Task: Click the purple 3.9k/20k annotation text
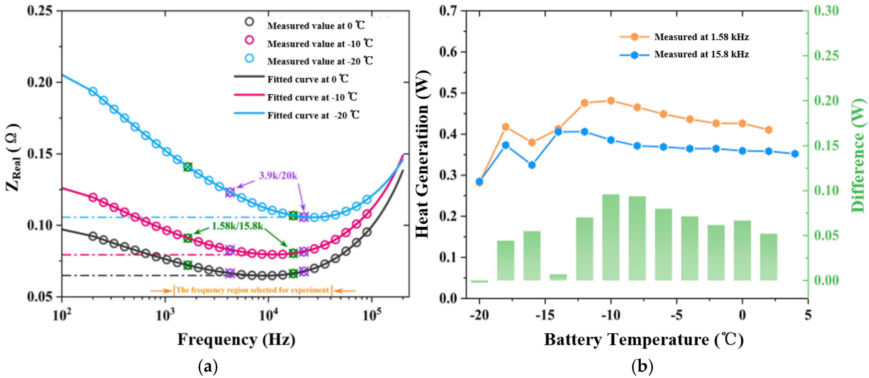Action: (x=278, y=175)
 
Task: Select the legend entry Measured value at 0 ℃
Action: (x=316, y=26)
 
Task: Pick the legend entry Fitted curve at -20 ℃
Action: (x=313, y=115)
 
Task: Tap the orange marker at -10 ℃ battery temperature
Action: (x=611, y=101)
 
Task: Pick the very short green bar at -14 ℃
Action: (x=558, y=277)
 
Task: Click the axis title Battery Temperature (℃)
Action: (x=644, y=339)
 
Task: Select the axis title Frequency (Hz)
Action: (x=236, y=339)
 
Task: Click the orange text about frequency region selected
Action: (x=252, y=290)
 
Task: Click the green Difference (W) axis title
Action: (x=858, y=155)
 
